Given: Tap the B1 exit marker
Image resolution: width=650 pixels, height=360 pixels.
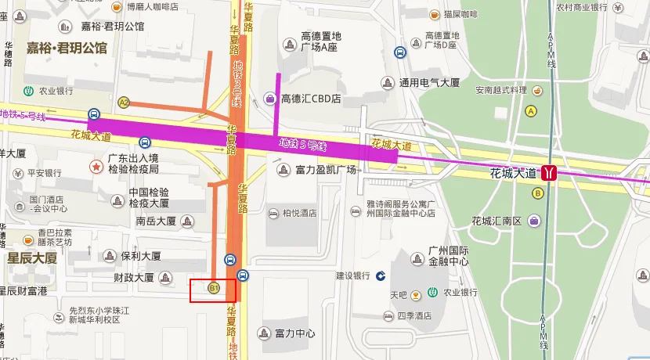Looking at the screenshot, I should (x=212, y=289).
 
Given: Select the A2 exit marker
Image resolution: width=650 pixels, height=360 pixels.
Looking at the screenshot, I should (x=124, y=103).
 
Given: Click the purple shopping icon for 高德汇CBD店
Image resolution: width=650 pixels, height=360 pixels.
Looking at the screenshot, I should (x=270, y=99).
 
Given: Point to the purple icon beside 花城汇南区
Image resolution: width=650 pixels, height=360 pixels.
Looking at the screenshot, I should (x=536, y=221).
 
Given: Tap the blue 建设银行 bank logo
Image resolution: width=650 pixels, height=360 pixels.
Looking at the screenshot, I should (x=380, y=275).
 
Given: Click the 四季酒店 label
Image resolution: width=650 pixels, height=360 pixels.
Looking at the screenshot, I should (x=414, y=316).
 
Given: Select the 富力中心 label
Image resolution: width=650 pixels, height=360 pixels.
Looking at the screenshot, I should (x=295, y=333).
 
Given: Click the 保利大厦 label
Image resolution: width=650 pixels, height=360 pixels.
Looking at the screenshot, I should (x=141, y=256).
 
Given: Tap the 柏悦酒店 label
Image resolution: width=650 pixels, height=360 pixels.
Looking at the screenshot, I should (x=299, y=213).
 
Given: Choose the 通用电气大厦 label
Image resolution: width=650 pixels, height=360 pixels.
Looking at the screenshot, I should (x=428, y=82).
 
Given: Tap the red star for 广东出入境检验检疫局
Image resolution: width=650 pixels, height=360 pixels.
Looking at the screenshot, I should (x=96, y=167).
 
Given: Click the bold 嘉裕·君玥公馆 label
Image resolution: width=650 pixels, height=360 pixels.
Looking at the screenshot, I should (x=67, y=49).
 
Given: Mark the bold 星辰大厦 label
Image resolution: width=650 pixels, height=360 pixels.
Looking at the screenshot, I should (x=32, y=257).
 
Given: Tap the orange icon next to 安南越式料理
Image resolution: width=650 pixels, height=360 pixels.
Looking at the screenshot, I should (x=536, y=91).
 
